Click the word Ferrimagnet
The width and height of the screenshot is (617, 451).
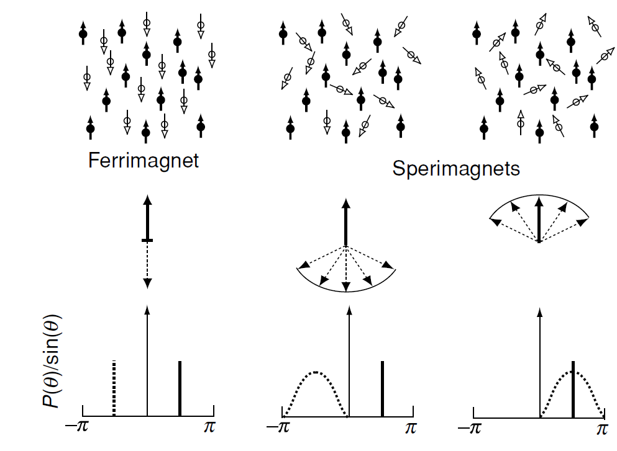[x=144, y=161]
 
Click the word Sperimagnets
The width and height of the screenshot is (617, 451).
[x=456, y=168]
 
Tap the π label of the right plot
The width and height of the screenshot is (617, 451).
[x=602, y=429]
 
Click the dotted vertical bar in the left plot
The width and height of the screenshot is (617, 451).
[x=114, y=388]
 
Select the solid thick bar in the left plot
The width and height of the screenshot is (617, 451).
[x=179, y=388]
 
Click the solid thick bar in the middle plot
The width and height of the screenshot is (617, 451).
[x=382, y=388]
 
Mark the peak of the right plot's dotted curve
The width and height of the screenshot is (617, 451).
[x=573, y=372]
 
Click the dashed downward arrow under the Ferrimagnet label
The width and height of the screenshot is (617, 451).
[x=147, y=264]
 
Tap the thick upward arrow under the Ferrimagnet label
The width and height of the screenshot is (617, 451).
[x=147, y=217]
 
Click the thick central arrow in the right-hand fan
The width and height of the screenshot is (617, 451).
[x=539, y=220]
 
